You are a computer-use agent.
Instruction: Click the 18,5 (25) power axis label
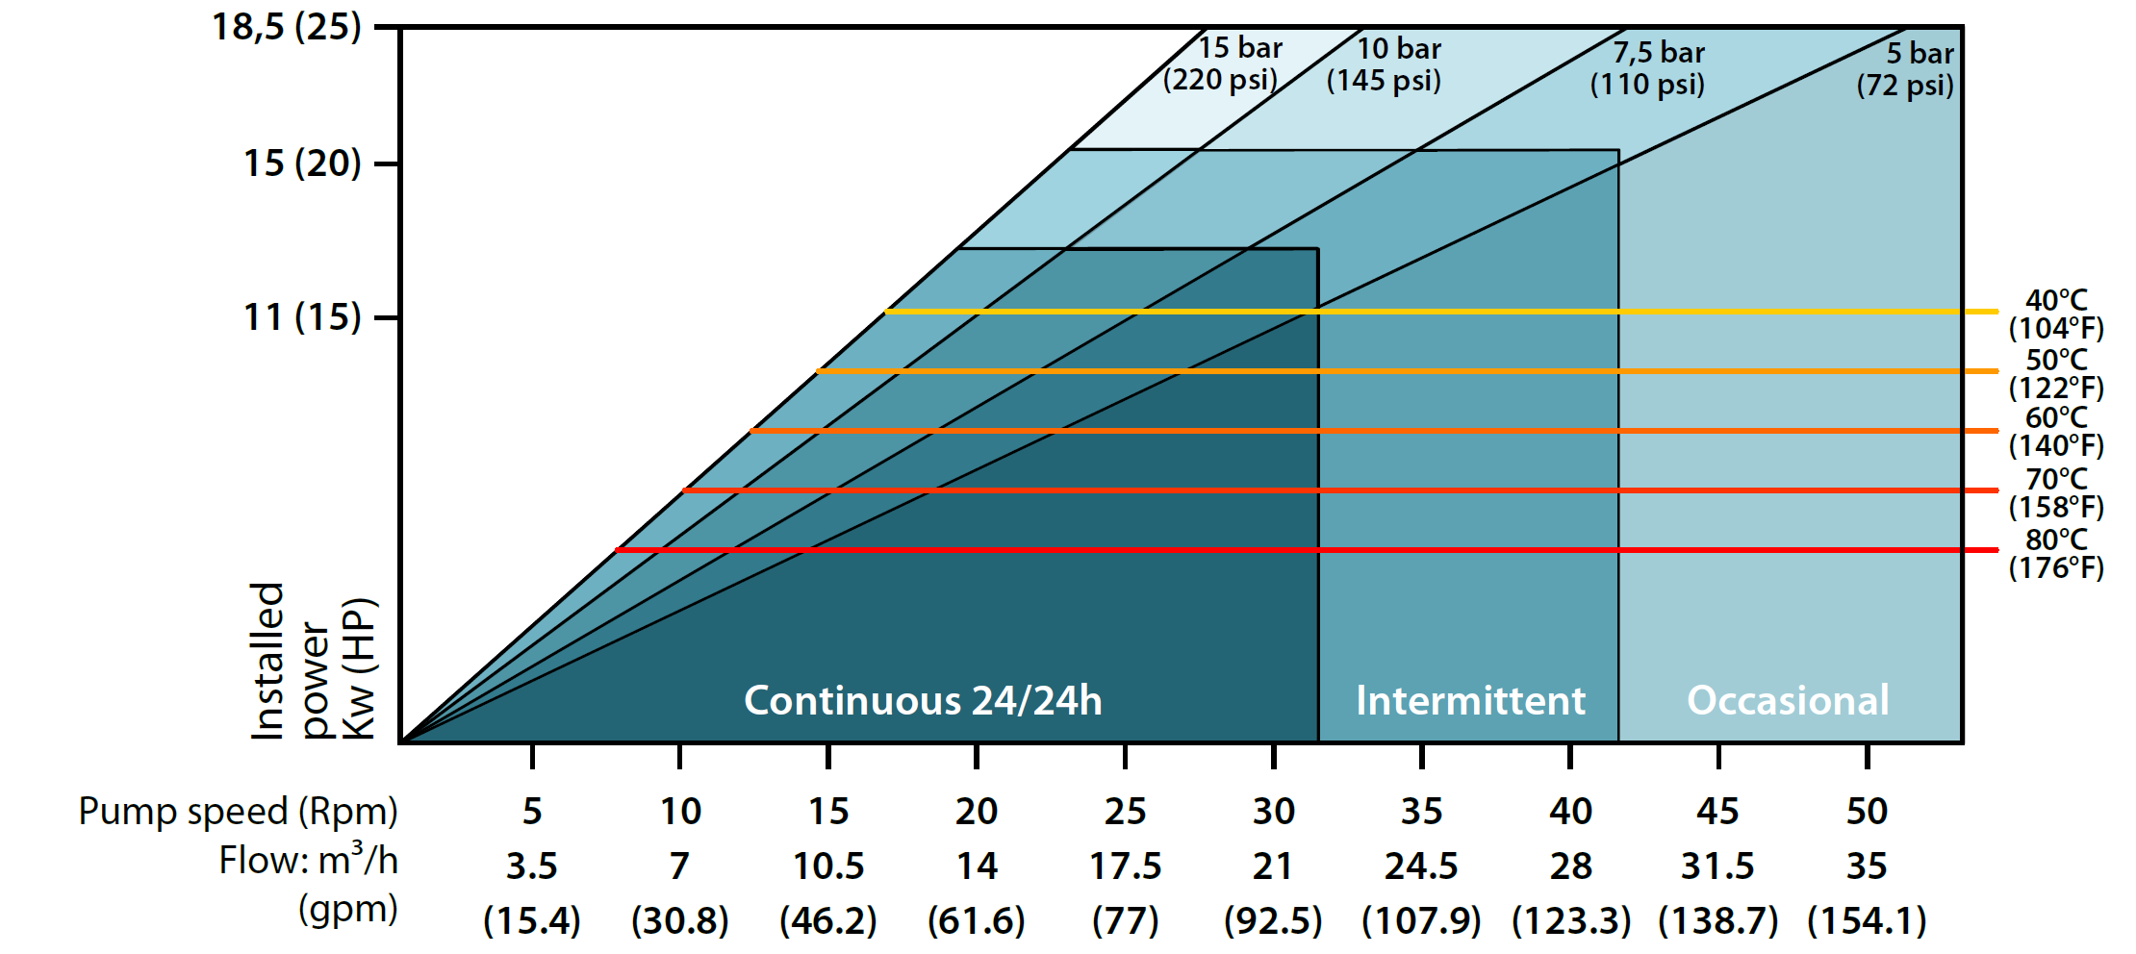tap(286, 27)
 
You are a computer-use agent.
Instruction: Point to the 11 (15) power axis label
tap(301, 316)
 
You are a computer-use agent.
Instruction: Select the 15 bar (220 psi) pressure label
tap(1222, 63)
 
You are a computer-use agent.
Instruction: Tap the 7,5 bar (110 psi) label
tap(1647, 67)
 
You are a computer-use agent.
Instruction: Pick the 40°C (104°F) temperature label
tap(2055, 314)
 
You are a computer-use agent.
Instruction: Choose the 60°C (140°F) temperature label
tap(2055, 432)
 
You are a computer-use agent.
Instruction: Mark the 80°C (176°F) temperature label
tap(2055, 553)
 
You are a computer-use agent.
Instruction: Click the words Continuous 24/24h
tap(923, 700)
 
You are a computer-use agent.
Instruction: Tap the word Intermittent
tap(1470, 700)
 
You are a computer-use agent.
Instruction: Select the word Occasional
tap(1788, 700)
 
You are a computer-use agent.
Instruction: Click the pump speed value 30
tap(1273, 812)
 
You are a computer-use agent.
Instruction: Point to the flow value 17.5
tap(1125, 866)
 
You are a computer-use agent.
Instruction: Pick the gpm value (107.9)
tap(1421, 920)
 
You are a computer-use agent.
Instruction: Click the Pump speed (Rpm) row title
tap(238, 812)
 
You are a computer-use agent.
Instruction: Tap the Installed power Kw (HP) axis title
tap(313, 662)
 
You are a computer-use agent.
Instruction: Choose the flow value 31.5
tap(1717, 866)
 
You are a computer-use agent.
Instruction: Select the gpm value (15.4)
tap(532, 920)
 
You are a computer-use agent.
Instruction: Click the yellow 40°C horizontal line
tap(1443, 312)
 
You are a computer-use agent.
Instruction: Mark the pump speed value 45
tap(1717, 812)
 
